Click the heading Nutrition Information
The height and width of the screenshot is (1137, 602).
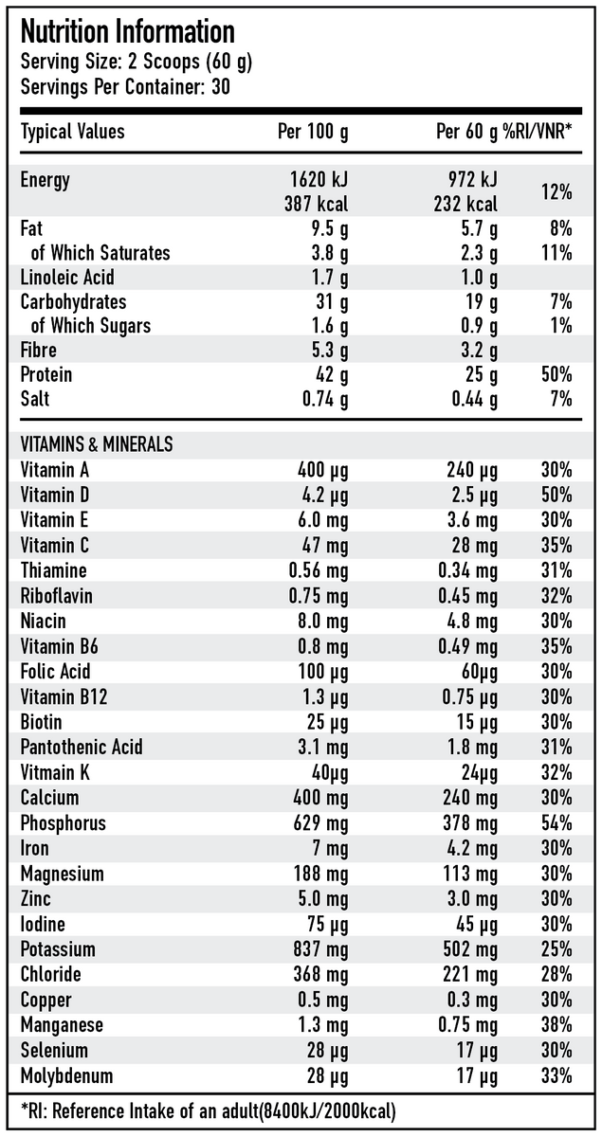[127, 31]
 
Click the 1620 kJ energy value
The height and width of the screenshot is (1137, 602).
[318, 179]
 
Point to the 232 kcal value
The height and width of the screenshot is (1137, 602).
[471, 204]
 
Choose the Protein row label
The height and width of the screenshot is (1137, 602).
[46, 374]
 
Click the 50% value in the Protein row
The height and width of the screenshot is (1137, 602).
[556, 374]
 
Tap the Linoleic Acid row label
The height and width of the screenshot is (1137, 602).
[67, 278]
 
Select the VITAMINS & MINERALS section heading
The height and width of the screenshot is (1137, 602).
[97, 443]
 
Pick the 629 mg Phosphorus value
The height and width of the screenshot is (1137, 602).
[318, 822]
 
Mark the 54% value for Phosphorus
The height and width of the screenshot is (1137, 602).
[556, 822]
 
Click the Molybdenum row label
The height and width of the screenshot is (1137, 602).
[66, 1075]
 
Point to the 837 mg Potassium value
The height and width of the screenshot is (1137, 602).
[318, 949]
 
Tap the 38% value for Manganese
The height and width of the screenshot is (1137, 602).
[556, 1025]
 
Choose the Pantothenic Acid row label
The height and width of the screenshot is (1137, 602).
[82, 747]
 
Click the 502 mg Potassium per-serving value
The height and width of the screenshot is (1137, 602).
[471, 949]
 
